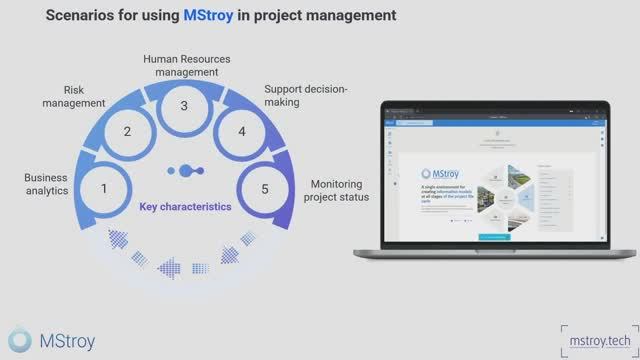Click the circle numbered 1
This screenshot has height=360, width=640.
pos(104,188)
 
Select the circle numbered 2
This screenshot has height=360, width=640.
pos(127,132)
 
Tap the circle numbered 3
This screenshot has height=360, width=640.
pos(183,106)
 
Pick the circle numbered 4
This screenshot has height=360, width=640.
pos(240,131)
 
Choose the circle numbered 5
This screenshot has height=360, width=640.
pos(265,188)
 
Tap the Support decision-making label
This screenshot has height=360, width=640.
pos(305,95)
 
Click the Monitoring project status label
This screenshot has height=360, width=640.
pos(340,190)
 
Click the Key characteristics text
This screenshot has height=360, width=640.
pos(185,207)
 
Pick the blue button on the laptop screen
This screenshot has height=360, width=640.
pos(497,237)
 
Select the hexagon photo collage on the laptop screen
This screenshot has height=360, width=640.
pos(508,197)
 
